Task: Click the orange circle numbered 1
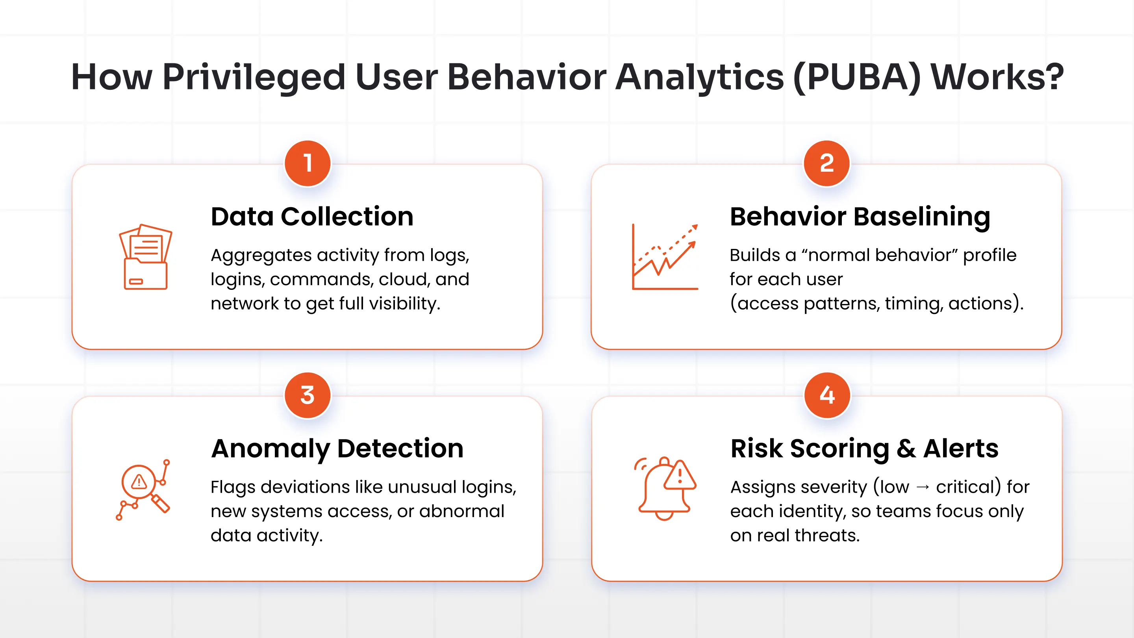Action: pyautogui.click(x=308, y=163)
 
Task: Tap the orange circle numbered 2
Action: pyautogui.click(x=826, y=163)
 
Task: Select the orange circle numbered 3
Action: pyautogui.click(x=308, y=395)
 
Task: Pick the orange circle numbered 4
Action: pyautogui.click(x=827, y=395)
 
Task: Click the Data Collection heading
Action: pyautogui.click(x=312, y=217)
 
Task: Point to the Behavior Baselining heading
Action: pyautogui.click(x=860, y=217)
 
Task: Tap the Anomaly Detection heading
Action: pyautogui.click(x=337, y=448)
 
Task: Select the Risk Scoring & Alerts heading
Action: pyautogui.click(x=864, y=448)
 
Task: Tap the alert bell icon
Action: pyautogui.click(x=665, y=489)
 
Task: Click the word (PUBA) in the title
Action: pyautogui.click(x=857, y=77)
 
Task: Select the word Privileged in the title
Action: pyautogui.click(x=254, y=77)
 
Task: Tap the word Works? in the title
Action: pyautogui.click(x=997, y=77)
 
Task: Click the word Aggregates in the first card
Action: pyautogui.click(x=261, y=255)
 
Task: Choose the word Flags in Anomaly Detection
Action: pyautogui.click(x=232, y=487)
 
